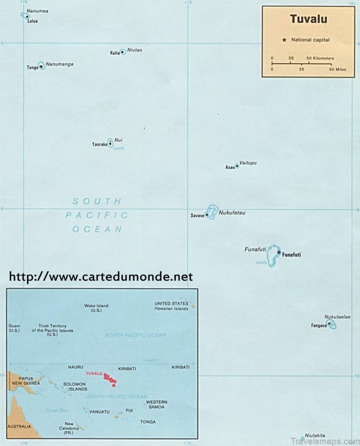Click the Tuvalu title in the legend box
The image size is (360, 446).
[308, 20]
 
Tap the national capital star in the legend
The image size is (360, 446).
[284, 40]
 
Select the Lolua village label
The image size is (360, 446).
[32, 21]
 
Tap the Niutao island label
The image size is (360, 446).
[135, 50]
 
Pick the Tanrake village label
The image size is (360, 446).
[99, 145]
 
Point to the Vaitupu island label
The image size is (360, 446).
[248, 163]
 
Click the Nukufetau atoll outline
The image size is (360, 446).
[211, 211]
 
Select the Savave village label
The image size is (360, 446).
[197, 215]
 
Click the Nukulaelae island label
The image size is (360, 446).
[337, 317]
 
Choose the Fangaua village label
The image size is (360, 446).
[319, 325]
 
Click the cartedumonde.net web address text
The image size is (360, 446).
[101, 277]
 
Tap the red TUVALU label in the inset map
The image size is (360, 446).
[94, 373]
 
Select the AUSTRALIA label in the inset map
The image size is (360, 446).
[19, 426]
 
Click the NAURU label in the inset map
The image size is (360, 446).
[75, 367]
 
